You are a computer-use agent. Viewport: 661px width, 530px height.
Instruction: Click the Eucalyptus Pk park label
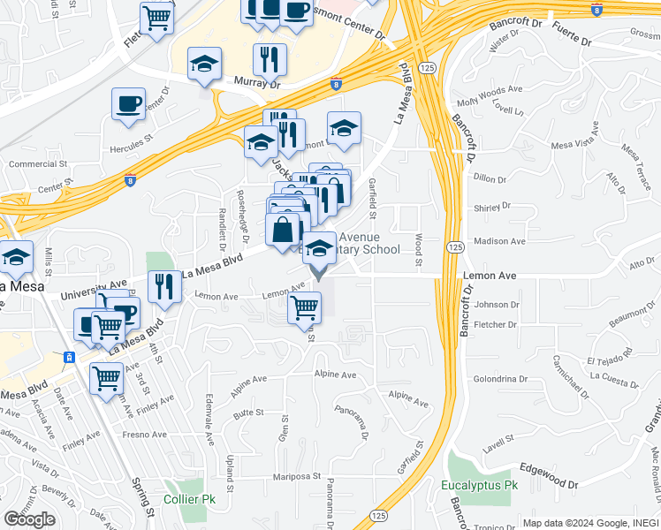(x=481, y=486)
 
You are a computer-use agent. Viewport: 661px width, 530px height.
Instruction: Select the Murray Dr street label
(x=256, y=81)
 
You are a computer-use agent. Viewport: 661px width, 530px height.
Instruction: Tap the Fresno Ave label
(x=145, y=435)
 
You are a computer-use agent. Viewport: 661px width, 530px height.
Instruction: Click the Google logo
(x=30, y=519)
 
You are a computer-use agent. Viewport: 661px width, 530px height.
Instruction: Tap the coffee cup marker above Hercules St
(x=128, y=104)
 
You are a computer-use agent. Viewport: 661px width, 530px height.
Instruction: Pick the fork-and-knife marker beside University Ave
(x=164, y=286)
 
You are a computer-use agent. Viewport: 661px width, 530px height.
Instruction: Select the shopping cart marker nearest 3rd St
(x=107, y=378)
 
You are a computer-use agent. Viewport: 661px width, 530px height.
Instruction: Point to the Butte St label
(x=249, y=413)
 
